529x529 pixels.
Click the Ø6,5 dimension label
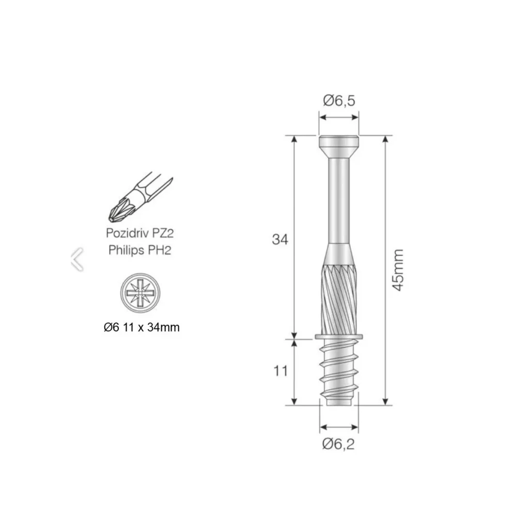point(339,101)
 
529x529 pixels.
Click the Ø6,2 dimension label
point(339,443)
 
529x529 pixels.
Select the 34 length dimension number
point(280,239)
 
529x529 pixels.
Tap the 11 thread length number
point(280,370)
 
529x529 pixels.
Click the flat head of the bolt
point(338,143)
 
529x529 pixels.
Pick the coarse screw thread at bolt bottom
point(338,369)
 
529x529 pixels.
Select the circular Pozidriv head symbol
point(138,292)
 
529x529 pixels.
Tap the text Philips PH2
point(139,250)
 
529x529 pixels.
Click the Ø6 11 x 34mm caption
point(141,327)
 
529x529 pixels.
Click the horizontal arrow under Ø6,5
point(338,118)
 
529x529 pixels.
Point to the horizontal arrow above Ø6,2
point(339,427)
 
